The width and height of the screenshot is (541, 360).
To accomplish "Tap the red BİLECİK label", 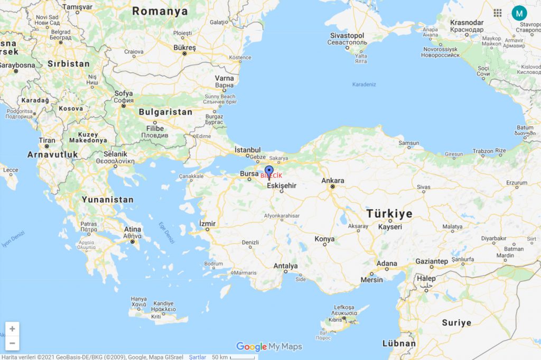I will coord(272,176).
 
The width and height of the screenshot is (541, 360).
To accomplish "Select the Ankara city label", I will coord(333,181).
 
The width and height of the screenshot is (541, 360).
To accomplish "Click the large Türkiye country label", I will coord(389,214).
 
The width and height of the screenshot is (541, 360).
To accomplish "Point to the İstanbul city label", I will coord(248,150).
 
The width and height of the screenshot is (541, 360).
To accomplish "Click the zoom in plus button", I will coord(12,329).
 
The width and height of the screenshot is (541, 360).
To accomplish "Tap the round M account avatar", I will coord(519,13).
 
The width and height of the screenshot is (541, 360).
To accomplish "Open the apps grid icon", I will coord(498,13).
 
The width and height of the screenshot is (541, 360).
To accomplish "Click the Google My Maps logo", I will coord(269,347).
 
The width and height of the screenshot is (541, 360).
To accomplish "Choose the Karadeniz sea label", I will coord(363,85).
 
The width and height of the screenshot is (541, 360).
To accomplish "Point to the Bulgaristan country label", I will coord(165,112).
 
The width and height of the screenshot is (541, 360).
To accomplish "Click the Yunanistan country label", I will coord(107,200).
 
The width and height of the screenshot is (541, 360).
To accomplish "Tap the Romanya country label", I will coord(160,11).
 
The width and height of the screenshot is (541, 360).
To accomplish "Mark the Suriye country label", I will coord(456,322).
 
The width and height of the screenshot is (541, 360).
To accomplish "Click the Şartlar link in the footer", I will coord(198,357).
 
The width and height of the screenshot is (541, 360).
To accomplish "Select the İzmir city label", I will coord(208,224).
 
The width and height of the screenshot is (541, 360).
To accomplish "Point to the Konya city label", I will coord(324,239).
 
